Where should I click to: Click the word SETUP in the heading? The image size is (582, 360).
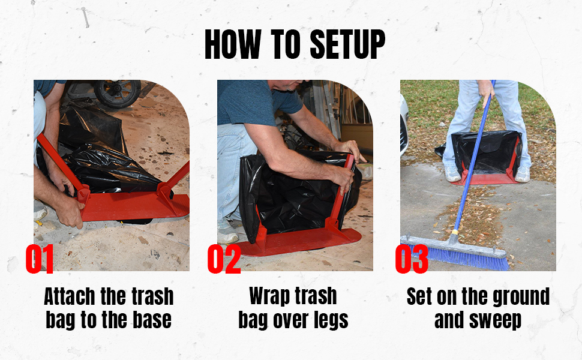(x=347, y=44)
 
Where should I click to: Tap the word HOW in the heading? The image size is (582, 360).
(x=233, y=44)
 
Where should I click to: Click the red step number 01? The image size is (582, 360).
(x=40, y=259)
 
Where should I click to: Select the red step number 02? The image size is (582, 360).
(x=224, y=259)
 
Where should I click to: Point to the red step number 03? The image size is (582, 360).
(x=412, y=259)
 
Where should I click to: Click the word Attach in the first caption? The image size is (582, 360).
(x=70, y=296)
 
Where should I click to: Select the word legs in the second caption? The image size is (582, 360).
(x=331, y=320)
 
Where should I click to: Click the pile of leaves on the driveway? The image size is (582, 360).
(x=472, y=215)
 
